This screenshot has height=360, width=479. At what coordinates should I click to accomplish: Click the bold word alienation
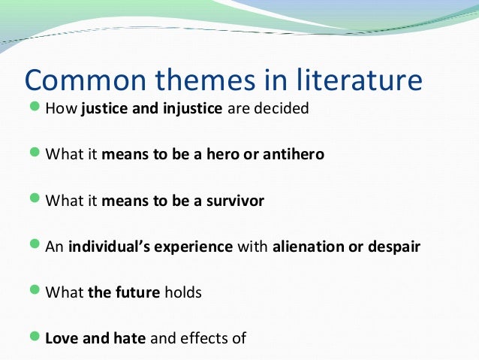[x=309, y=247]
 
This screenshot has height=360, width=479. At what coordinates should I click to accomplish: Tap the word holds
[x=183, y=292]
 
